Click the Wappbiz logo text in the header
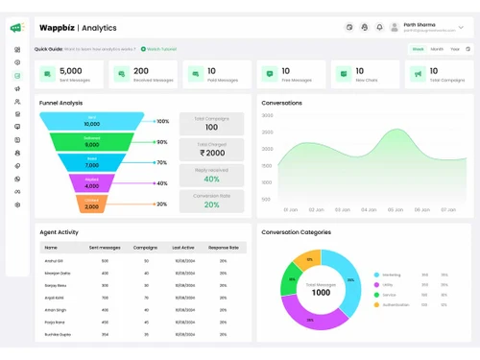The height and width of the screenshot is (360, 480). click(x=57, y=28)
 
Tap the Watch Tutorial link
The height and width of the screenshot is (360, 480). click(x=159, y=48)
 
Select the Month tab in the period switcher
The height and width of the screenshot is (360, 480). click(x=437, y=48)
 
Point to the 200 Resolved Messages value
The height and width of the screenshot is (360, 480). click(x=141, y=70)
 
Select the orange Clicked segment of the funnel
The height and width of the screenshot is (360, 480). click(x=91, y=204)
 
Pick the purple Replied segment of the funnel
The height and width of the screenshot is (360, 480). click(x=91, y=183)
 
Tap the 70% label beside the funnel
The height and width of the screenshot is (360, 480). click(x=162, y=162)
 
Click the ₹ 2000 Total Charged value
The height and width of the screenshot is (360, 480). click(x=211, y=153)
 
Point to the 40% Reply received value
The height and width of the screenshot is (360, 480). click(x=211, y=179)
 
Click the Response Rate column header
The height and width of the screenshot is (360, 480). click(x=223, y=247)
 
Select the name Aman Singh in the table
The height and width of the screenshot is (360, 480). click(x=56, y=310)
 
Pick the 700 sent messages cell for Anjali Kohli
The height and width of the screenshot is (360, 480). click(x=106, y=298)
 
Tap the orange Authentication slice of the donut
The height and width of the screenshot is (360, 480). click(x=306, y=259)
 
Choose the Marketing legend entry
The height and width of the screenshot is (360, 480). click(x=391, y=275)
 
